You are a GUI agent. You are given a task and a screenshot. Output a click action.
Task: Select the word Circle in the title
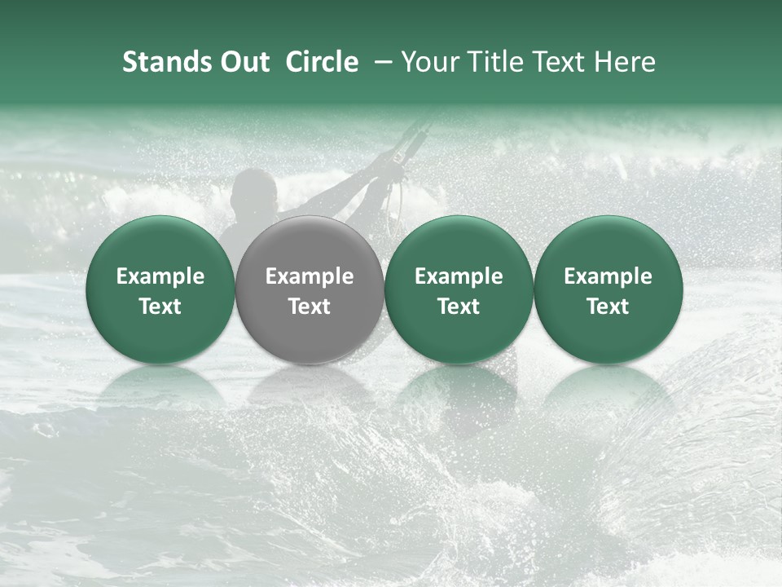(322, 62)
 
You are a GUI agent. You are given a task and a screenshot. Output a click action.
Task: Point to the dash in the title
(380, 62)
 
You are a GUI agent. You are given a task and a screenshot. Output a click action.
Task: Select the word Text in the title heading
(556, 62)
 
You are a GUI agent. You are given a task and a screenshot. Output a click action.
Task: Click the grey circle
(310, 245)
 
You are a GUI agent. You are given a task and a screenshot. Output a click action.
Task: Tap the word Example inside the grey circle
(310, 276)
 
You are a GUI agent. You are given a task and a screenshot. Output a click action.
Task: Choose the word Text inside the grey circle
(310, 307)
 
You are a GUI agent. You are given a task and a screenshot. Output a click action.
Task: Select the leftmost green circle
(160, 245)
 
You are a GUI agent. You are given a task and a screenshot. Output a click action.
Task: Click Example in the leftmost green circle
(160, 276)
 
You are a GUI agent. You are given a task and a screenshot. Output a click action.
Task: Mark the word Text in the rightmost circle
(608, 307)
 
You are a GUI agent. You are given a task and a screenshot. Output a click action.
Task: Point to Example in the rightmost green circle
(608, 276)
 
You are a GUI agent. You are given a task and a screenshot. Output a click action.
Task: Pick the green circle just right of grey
(459, 245)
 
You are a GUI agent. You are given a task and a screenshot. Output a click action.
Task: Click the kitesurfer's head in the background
(253, 189)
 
